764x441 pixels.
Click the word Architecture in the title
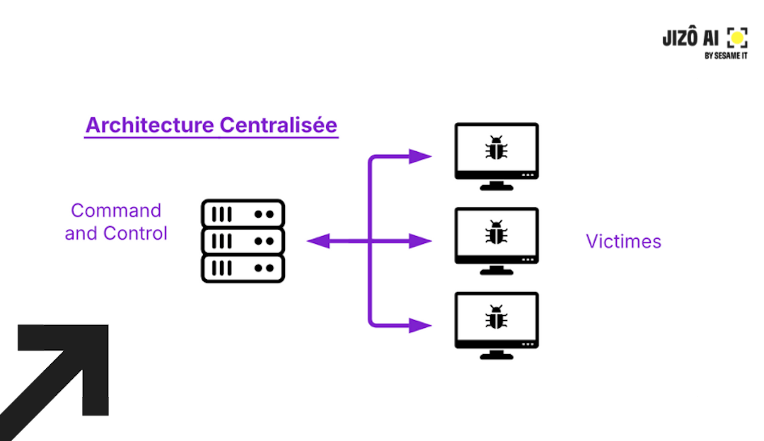pyautogui.click(x=149, y=125)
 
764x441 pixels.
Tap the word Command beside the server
pyautogui.click(x=116, y=211)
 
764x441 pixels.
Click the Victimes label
pyautogui.click(x=623, y=242)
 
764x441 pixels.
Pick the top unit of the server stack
pyautogui.click(x=243, y=213)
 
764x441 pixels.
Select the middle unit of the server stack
pyautogui.click(x=243, y=241)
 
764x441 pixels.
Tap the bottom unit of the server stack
pyautogui.click(x=243, y=269)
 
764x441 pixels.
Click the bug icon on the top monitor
pyautogui.click(x=497, y=149)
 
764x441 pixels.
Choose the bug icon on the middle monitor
pyautogui.click(x=497, y=233)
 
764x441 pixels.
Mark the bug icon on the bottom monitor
pyautogui.click(x=497, y=317)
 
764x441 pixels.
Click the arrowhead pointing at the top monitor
pyautogui.click(x=421, y=156)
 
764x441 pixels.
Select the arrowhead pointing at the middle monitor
pyautogui.click(x=421, y=242)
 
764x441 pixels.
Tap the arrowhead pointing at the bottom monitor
pyautogui.click(x=421, y=326)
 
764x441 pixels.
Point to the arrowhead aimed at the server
pyautogui.click(x=318, y=242)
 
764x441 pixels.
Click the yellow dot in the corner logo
pyautogui.click(x=737, y=37)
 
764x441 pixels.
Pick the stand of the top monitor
pyautogui.click(x=497, y=185)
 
